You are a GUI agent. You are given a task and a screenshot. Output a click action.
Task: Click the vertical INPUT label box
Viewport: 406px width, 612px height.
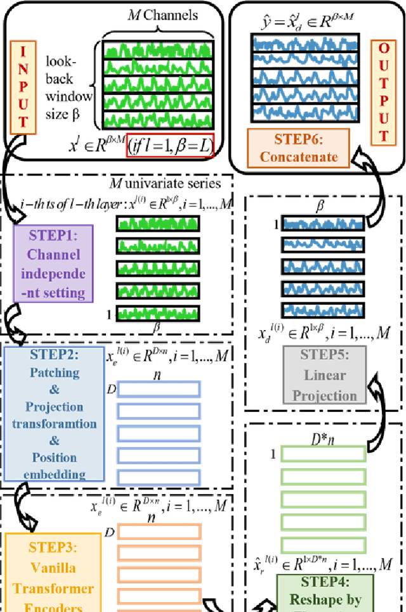point(24,86)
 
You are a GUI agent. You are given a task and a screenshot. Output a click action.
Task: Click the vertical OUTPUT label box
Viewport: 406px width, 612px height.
point(383,92)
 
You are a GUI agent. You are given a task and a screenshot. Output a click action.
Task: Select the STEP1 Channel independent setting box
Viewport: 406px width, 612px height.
point(53,265)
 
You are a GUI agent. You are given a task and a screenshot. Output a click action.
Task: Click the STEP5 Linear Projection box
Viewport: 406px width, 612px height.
point(325,374)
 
